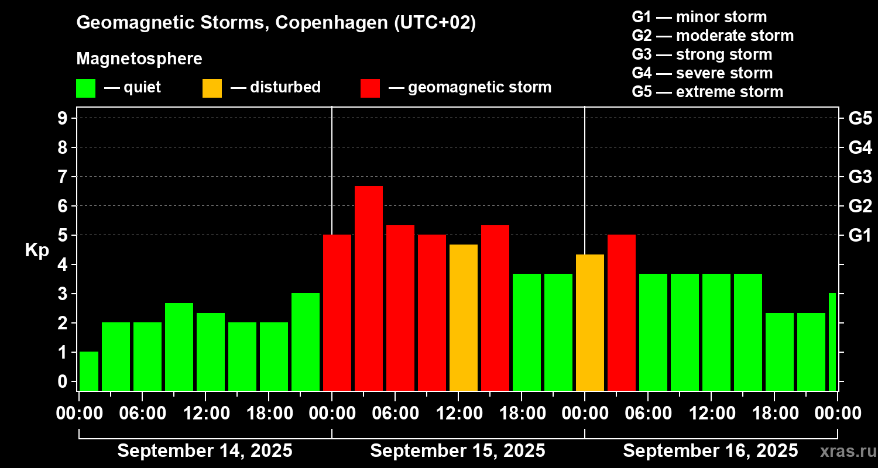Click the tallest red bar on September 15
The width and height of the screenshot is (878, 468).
coord(369,288)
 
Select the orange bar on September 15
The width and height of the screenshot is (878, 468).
coord(464,317)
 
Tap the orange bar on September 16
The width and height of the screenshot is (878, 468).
coord(590,322)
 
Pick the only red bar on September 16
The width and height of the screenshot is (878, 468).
coord(622,312)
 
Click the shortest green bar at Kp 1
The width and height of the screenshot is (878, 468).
coord(89,371)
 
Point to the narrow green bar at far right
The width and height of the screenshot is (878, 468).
coord(832,342)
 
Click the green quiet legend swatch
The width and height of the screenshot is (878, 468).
coord(85,88)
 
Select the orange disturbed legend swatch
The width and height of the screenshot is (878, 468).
coord(212,88)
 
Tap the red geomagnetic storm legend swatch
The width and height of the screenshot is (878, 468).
coord(370,88)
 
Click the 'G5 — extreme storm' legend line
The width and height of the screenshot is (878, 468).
coord(707,92)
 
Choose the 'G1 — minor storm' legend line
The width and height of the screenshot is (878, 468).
coord(699,17)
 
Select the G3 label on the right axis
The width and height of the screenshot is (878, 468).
coord(860,177)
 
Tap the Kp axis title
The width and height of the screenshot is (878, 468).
coord(37,250)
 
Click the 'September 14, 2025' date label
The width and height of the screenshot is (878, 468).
coord(205,451)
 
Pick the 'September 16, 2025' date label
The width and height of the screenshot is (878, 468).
coord(710,451)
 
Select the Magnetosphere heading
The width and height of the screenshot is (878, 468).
coord(139,59)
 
